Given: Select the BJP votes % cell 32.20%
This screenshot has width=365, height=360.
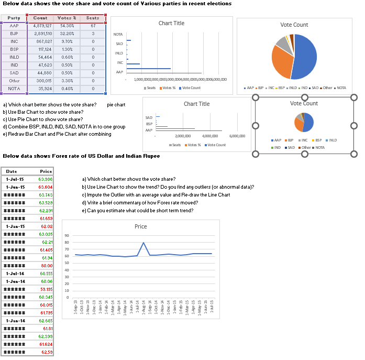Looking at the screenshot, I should point(67,34).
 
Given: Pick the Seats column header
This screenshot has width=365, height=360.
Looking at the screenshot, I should point(92,18).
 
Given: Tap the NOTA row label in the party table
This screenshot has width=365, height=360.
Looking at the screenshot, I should point(14,89).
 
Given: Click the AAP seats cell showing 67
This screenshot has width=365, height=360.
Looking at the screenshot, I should point(92,26).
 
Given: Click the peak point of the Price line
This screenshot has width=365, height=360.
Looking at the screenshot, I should point(143,243).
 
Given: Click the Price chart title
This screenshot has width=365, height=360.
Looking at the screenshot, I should point(140,226).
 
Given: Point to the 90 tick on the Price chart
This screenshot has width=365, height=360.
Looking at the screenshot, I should point(67,236).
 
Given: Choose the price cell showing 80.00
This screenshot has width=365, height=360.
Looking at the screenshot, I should point(46,266).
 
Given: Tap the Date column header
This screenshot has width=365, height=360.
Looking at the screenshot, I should point(12,171).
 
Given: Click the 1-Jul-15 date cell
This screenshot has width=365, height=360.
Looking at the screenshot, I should point(15,179).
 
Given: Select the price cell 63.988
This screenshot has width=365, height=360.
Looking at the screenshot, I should point(46,179).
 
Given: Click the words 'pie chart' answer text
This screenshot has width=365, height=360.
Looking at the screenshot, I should point(116,105).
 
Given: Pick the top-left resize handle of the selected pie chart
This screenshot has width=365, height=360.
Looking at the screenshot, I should point(256,97).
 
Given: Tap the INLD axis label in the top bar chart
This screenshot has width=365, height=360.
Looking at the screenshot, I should point(119,53).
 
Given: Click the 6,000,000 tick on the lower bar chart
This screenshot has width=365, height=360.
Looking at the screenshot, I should point(237,136).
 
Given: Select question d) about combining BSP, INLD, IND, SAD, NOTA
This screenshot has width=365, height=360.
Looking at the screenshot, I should point(64,127).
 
